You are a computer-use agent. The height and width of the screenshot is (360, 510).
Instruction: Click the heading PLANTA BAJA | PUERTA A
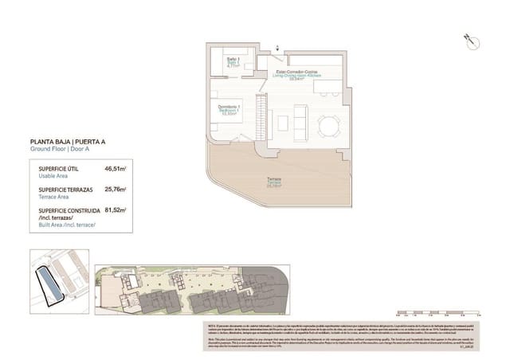pyautogui.click(x=67, y=142)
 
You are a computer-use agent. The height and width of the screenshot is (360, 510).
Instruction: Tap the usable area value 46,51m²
pyautogui.click(x=116, y=169)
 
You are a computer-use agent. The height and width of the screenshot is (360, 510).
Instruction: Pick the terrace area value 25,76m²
pyautogui.click(x=116, y=190)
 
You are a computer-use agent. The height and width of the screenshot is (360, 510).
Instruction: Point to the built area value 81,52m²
pyautogui.click(x=116, y=210)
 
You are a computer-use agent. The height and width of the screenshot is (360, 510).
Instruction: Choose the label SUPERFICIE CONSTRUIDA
pyautogui.click(x=70, y=210)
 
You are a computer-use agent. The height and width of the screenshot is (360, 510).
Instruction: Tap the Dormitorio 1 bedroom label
pyautogui.click(x=229, y=108)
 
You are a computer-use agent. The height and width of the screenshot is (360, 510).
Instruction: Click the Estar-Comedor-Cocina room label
pyautogui.click(x=298, y=74)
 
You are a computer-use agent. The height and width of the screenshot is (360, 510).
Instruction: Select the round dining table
pyautogui.click(x=328, y=124)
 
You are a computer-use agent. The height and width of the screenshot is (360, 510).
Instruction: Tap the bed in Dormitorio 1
pyautogui.click(x=238, y=125)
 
